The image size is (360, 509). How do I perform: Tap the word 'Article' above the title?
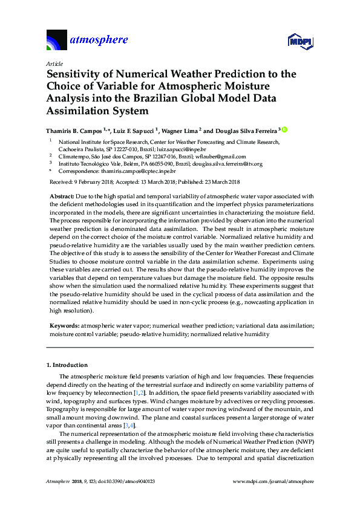coord(53,63)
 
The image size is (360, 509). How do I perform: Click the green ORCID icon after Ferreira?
coord(284,129)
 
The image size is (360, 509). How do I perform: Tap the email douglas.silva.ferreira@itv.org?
coord(225,164)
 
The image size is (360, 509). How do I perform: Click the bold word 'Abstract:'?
coord(62,197)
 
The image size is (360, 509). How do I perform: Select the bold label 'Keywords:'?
coord(64,325)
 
